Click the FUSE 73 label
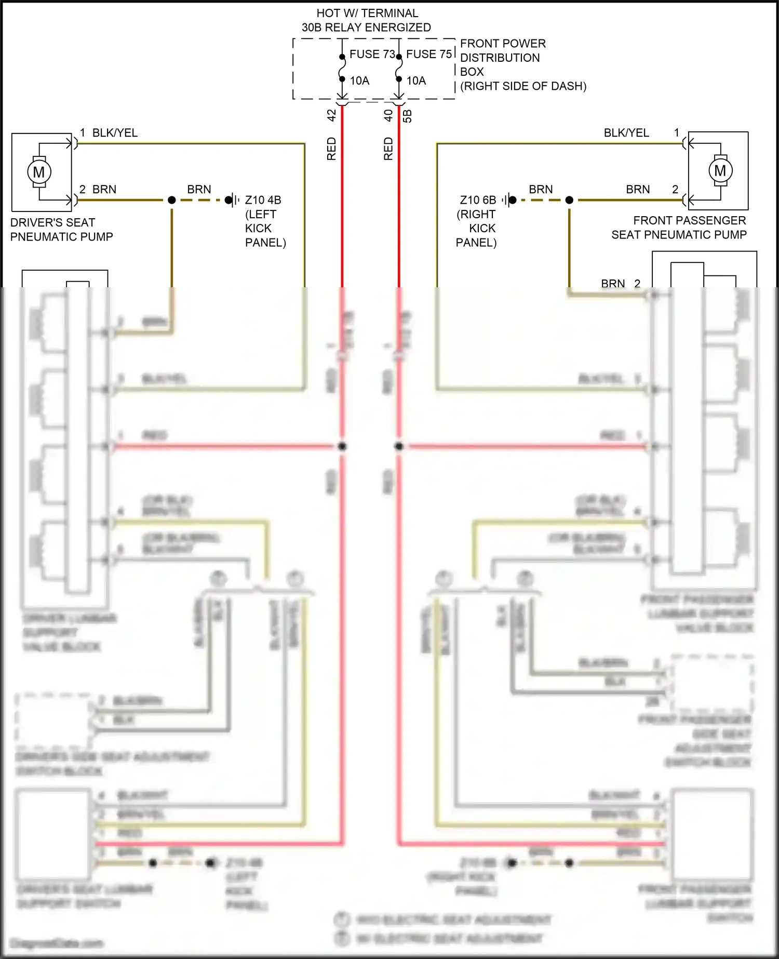(x=372, y=54)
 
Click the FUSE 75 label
(x=428, y=54)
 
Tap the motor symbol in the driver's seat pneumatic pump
(x=39, y=171)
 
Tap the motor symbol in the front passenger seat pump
(x=720, y=170)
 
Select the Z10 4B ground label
(x=263, y=200)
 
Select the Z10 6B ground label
(x=478, y=200)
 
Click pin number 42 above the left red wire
(x=331, y=115)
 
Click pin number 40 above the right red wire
(x=388, y=115)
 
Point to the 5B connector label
(x=408, y=116)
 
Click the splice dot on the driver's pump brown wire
(x=172, y=200)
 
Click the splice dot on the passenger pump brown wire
(x=569, y=200)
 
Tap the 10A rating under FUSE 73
(x=359, y=81)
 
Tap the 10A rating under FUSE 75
(x=416, y=81)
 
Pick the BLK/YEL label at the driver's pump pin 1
(x=115, y=133)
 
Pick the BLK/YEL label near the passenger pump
(x=626, y=133)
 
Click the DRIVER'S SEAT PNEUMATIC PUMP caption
(x=61, y=230)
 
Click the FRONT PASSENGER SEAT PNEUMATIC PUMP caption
(x=679, y=228)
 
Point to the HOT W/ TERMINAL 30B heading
(x=367, y=20)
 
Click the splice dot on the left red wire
(x=342, y=446)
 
